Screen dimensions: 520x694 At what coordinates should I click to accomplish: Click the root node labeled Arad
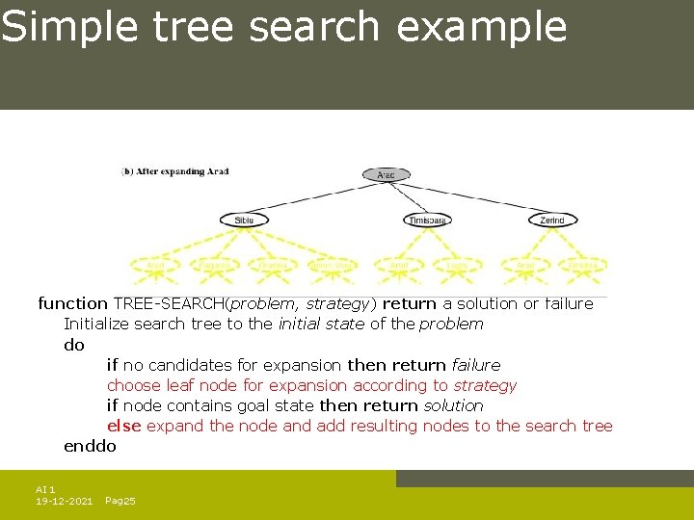386,174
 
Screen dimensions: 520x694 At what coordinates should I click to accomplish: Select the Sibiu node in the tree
245,220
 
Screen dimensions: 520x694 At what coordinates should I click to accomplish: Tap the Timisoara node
427,220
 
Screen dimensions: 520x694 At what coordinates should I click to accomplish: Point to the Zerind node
552,220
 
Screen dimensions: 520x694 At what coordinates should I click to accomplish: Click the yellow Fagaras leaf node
213,265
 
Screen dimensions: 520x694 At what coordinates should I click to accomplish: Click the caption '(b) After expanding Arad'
175,171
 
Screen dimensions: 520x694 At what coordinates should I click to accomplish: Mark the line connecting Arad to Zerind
472,198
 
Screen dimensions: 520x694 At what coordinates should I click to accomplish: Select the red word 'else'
123,426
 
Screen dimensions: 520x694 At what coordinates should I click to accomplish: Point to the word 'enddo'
90,446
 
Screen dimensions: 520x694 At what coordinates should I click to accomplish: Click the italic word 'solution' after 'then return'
453,405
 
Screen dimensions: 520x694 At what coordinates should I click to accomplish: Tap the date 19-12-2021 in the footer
64,501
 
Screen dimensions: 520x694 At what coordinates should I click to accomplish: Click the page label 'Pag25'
120,501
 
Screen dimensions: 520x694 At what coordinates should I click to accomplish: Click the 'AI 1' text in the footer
45,489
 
